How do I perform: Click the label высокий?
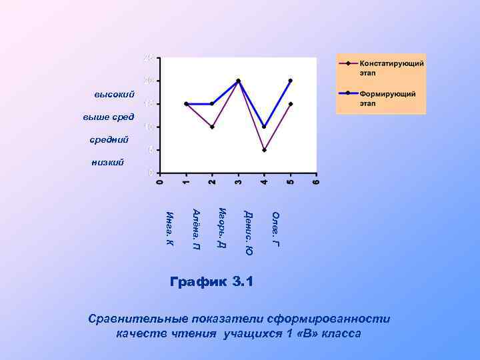(115, 95)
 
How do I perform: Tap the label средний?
(109, 140)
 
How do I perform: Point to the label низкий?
(107, 162)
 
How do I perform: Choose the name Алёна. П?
(196, 230)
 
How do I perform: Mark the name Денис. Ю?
(248, 233)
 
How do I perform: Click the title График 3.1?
(212, 281)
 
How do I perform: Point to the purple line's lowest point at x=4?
(265, 150)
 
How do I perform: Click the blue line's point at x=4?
(265, 127)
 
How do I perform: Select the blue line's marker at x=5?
(291, 81)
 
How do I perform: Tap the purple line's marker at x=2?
(212, 127)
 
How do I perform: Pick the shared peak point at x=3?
(238, 81)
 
